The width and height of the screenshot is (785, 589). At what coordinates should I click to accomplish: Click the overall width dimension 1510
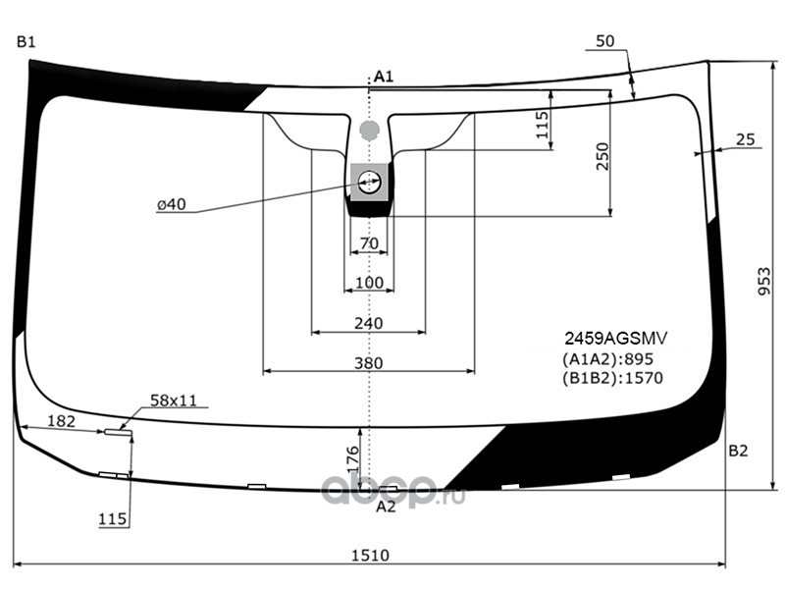(370, 555)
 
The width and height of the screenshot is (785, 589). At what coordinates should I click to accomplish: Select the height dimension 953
(764, 281)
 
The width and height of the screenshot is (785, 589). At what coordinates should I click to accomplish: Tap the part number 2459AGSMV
(616, 339)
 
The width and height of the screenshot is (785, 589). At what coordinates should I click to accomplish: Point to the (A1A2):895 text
(607, 358)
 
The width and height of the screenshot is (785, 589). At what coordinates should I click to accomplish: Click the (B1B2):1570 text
(612, 378)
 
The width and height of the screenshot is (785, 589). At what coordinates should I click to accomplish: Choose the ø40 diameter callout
(171, 204)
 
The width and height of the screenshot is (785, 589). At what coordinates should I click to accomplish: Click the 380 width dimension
(369, 363)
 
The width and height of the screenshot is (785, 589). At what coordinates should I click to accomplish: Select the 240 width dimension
(369, 324)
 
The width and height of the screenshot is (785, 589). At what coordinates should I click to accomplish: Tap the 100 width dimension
(369, 283)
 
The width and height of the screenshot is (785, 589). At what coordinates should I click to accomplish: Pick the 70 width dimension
(369, 243)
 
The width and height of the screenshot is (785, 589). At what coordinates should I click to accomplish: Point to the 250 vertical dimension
(602, 156)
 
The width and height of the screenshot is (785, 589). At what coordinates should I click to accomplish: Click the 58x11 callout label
(174, 401)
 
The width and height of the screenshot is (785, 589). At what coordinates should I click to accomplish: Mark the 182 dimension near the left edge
(61, 421)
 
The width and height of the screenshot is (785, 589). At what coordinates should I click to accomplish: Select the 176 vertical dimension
(353, 459)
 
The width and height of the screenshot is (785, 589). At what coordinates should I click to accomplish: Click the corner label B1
(26, 42)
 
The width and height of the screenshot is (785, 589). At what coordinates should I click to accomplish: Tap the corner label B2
(738, 451)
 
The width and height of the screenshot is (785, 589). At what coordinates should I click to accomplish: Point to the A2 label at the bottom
(386, 507)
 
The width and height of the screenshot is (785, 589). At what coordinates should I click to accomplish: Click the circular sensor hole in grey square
(370, 182)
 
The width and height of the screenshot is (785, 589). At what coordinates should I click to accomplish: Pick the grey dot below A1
(370, 130)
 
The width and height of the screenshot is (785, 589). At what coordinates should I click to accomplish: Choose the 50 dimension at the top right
(605, 41)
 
